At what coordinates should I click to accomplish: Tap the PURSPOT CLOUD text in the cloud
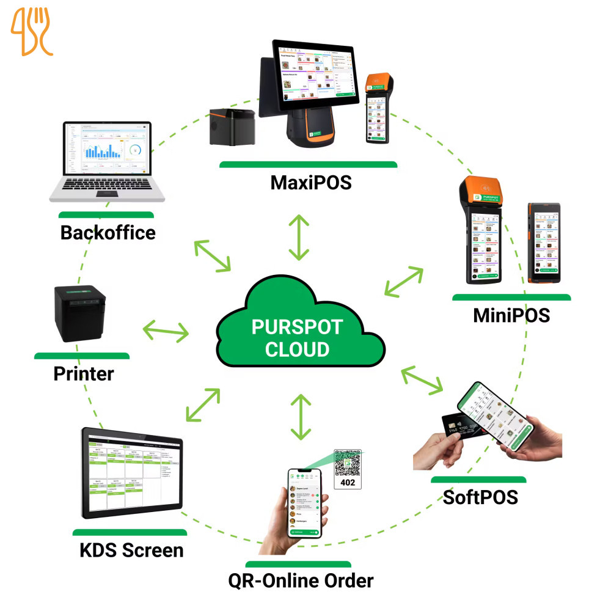[298, 337]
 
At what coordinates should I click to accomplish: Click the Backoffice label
[108, 232]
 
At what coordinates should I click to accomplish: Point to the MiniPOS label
[511, 315]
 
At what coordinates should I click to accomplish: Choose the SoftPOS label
[480, 497]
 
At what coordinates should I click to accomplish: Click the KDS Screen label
[131, 550]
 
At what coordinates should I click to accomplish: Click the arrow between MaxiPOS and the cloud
[299, 237]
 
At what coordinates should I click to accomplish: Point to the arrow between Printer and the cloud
[166, 332]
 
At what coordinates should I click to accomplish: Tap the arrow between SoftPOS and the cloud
[422, 379]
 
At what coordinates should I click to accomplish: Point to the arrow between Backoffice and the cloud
[212, 256]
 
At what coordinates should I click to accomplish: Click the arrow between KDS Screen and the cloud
[203, 404]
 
